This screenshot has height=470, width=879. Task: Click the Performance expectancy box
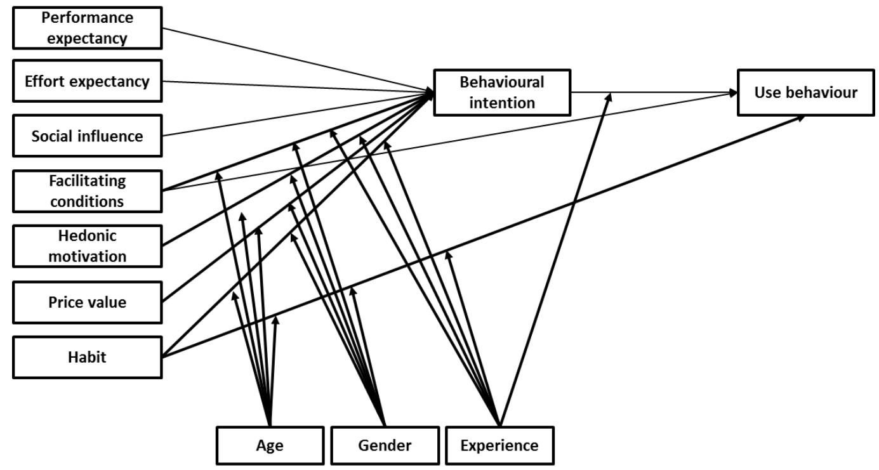(x=87, y=28)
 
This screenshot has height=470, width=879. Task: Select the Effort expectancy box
(x=87, y=81)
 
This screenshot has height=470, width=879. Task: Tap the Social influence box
(x=87, y=136)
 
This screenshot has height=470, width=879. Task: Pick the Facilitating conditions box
(x=87, y=191)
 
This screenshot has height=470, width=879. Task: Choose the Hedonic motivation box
(x=87, y=246)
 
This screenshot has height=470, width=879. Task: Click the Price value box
(x=87, y=302)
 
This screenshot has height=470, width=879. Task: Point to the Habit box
(x=87, y=357)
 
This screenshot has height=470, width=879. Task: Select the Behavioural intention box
(x=502, y=92)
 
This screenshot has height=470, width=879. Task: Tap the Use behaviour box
(x=805, y=93)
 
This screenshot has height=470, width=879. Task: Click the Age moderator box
(x=270, y=445)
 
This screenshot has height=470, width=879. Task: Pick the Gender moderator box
(x=385, y=445)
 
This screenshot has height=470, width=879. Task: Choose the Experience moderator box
(x=499, y=445)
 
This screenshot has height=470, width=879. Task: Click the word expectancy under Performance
(x=87, y=39)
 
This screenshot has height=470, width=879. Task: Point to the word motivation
(x=87, y=256)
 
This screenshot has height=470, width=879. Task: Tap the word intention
(x=502, y=102)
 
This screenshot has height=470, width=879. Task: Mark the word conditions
(x=87, y=202)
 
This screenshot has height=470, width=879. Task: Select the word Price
(x=67, y=302)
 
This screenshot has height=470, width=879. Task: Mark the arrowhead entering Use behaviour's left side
(x=733, y=93)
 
